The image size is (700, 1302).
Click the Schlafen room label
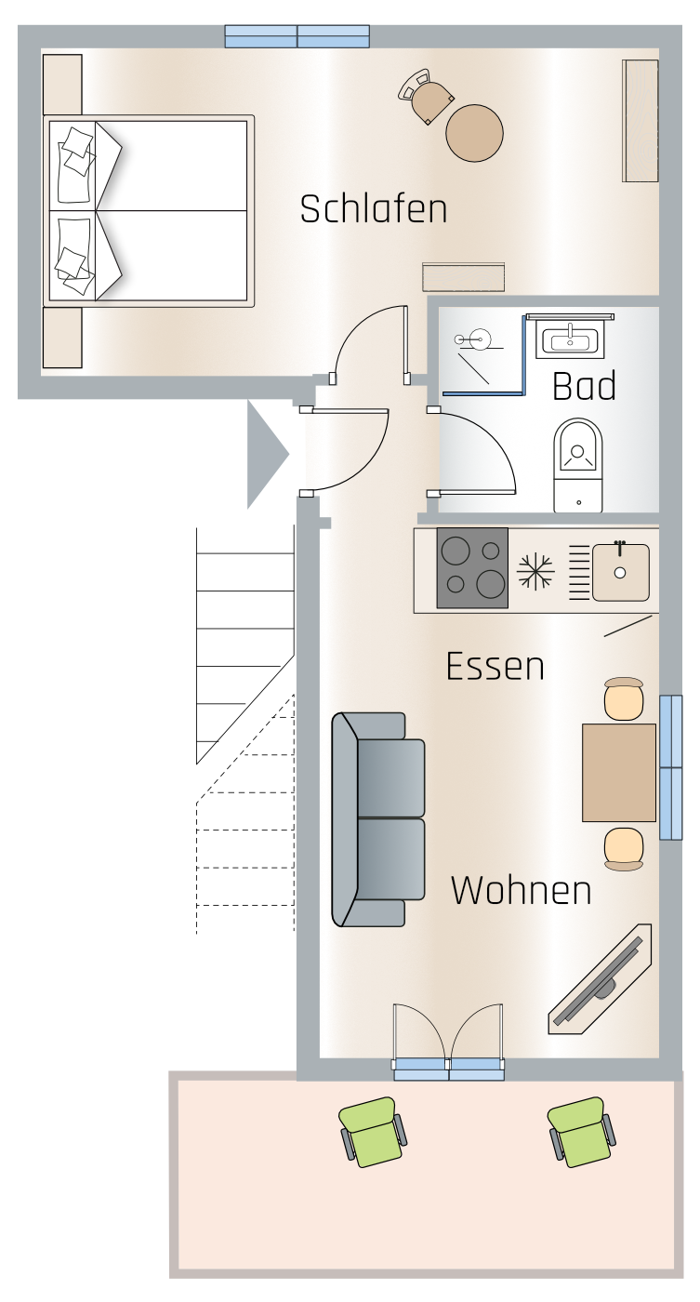374,209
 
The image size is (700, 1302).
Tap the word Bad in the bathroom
584,386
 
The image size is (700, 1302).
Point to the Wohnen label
522,890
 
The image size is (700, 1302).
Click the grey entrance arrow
266,454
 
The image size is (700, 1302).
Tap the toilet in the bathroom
577,466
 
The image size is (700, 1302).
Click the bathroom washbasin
570,339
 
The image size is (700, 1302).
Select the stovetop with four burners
472,568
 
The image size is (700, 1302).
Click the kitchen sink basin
620,573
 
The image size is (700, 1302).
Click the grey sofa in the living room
377,819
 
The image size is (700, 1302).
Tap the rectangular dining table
619,773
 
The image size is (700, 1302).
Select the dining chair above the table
624,699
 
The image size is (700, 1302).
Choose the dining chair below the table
624,849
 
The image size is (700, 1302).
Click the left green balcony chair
372,1132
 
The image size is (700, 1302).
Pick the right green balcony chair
582,1132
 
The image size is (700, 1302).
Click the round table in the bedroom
475,133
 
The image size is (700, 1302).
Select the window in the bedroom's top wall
297,36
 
